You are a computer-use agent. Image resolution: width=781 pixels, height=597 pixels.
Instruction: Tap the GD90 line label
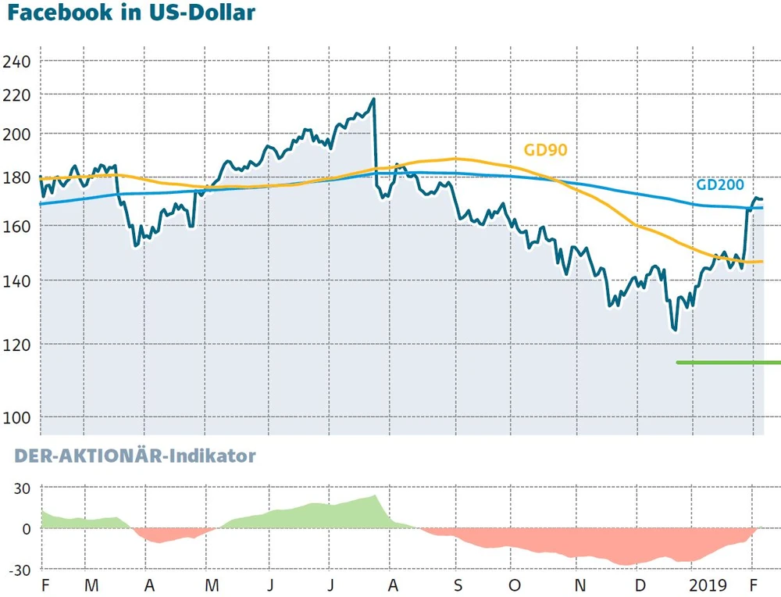pos(544,150)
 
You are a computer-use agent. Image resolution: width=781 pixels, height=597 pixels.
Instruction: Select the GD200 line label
pos(719,186)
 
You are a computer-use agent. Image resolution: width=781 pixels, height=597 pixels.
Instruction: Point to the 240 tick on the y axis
pos(17,62)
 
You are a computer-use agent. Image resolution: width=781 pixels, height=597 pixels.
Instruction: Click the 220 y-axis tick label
pos(17,95)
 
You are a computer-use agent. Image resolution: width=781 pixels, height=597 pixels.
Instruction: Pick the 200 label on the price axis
pos(17,134)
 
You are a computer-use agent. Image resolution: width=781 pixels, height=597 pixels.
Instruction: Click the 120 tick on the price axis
pos(17,345)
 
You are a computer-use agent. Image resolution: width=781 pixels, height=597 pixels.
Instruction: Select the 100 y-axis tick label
pos(17,417)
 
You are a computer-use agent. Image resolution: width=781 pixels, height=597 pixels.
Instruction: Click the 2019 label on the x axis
pos(708,585)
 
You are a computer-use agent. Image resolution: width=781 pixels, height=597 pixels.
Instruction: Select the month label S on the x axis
pos(458,585)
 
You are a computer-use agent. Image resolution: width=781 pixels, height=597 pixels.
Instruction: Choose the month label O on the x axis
pos(514,585)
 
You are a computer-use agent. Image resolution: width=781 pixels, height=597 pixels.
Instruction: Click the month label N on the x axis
pos(579,585)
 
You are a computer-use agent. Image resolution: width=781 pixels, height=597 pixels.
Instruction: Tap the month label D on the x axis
pos(639,585)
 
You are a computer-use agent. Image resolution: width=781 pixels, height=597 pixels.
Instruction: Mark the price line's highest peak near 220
pos(373,99)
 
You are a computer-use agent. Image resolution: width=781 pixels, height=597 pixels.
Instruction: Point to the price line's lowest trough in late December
pos(675,330)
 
